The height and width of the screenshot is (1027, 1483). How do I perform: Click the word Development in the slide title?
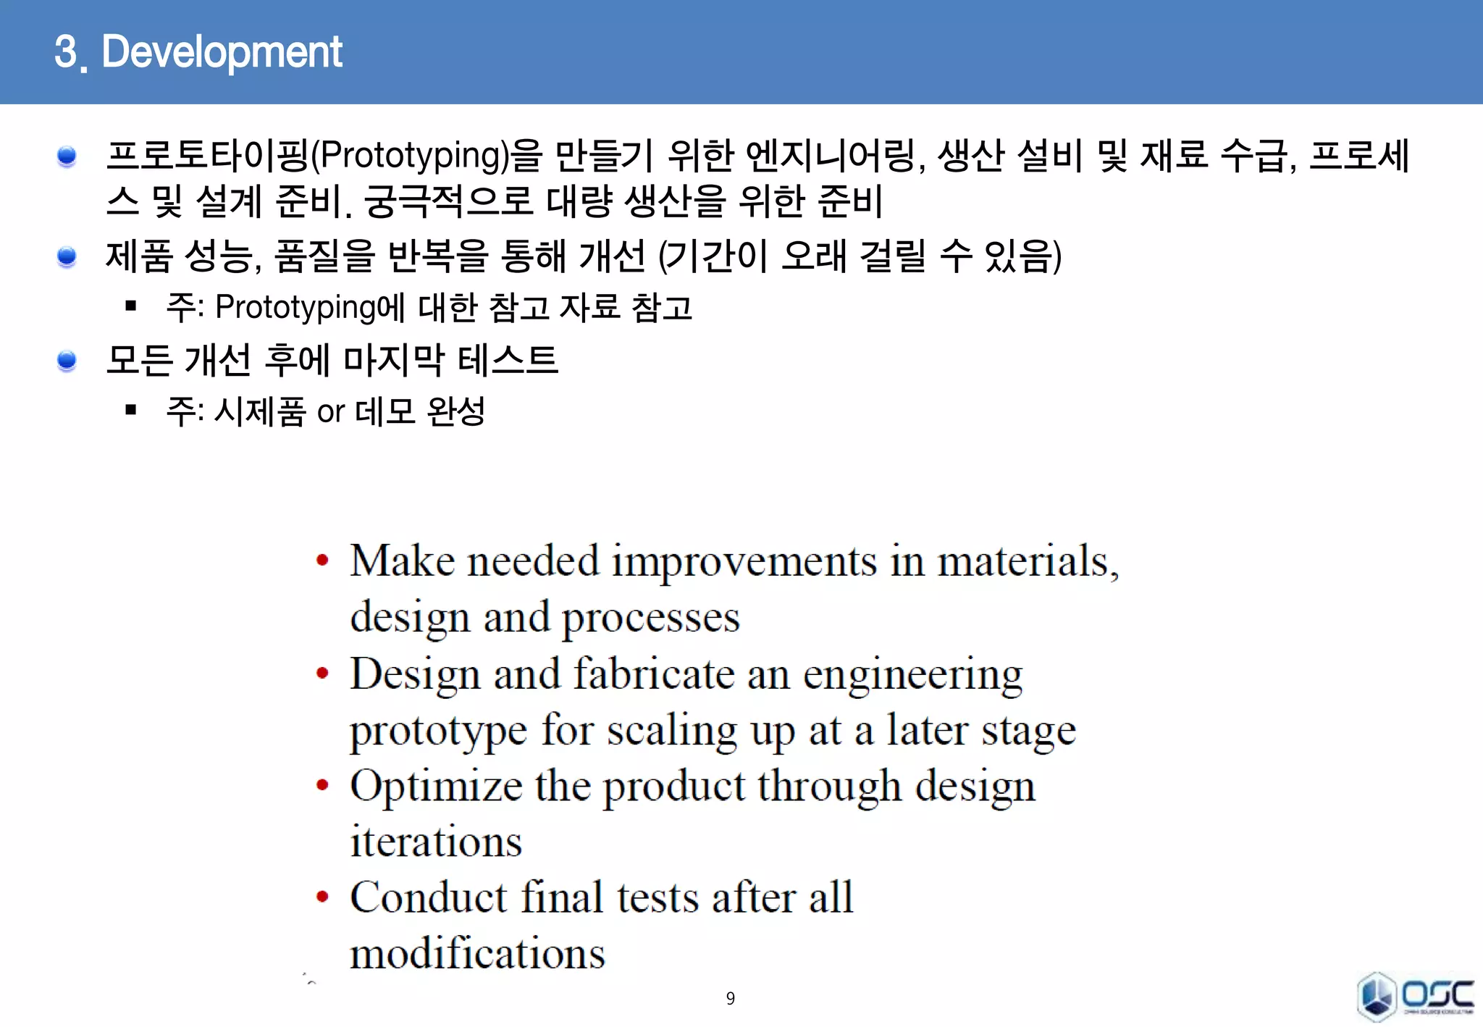pyautogui.click(x=222, y=52)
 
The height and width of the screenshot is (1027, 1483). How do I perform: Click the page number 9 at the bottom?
pyautogui.click(x=730, y=999)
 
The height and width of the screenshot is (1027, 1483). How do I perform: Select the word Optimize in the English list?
pyautogui.click(x=436, y=786)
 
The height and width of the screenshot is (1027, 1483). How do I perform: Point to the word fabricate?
pyautogui.click(x=654, y=674)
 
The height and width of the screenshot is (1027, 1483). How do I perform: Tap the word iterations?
pyautogui.click(x=436, y=842)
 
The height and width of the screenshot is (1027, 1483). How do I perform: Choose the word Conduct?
pyautogui.click(x=428, y=897)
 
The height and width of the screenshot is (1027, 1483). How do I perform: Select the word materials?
pyautogui.click(x=1027, y=561)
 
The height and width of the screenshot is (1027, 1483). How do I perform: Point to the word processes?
pyautogui.click(x=651, y=619)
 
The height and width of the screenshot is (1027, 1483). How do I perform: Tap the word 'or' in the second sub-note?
pyautogui.click(x=331, y=412)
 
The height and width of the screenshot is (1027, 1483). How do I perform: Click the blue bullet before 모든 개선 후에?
pyautogui.click(x=67, y=360)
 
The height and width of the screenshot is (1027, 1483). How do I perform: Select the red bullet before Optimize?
pyautogui.click(x=323, y=786)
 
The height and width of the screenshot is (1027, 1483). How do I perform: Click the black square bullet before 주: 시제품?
pyautogui.click(x=131, y=411)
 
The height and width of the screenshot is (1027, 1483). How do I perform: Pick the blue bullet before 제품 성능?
pyautogui.click(x=67, y=256)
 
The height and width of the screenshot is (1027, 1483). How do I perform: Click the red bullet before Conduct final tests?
pyautogui.click(x=323, y=897)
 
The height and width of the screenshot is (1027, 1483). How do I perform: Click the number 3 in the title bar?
pyautogui.click(x=66, y=52)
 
